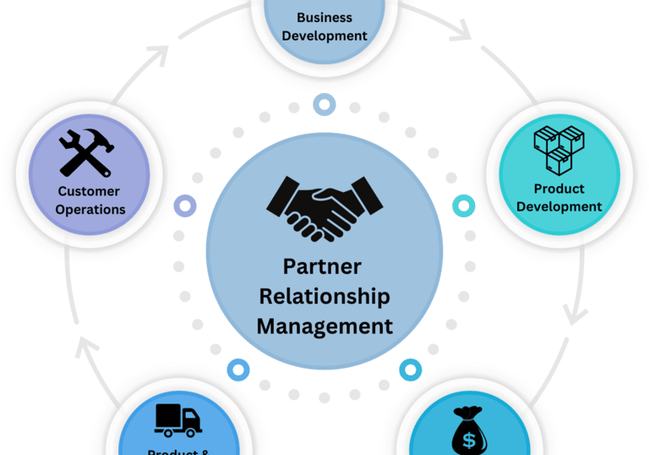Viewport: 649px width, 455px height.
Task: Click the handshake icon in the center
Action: [324, 207]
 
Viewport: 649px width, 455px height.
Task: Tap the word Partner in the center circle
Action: [322, 267]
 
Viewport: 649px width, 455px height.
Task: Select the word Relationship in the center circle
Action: [324, 296]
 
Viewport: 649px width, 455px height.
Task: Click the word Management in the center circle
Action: [324, 326]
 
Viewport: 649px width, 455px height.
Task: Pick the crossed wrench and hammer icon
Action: [88, 151]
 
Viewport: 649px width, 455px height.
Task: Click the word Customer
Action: [89, 191]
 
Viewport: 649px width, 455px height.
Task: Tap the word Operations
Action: [90, 209]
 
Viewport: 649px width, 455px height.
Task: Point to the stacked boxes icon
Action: [559, 150]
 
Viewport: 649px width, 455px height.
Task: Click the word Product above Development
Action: [559, 189]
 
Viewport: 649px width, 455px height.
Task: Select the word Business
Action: [325, 18]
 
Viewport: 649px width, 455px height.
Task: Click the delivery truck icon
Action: [178, 419]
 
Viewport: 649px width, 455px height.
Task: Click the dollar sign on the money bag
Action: [468, 440]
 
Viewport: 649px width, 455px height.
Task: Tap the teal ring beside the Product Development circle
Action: [464, 206]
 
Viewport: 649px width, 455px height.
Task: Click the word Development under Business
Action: [325, 36]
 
